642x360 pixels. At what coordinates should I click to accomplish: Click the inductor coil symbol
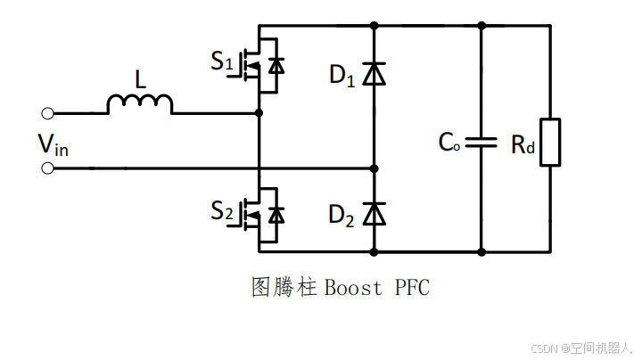point(140,104)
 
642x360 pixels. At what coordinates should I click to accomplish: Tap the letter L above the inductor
point(140,80)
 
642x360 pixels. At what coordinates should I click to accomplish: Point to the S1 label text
point(222,62)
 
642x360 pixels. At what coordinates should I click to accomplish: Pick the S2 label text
point(222,211)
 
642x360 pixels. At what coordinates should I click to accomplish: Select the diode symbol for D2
point(374,214)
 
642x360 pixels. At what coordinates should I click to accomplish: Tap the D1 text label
point(342,77)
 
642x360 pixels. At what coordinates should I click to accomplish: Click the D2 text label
point(342,214)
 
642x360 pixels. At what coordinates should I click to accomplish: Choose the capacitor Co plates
point(481,142)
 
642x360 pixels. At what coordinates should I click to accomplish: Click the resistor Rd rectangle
point(550,142)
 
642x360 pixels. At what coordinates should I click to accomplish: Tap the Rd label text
point(523,145)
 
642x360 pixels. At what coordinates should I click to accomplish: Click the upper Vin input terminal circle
point(47,113)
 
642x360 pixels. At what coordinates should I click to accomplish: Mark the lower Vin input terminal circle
point(47,168)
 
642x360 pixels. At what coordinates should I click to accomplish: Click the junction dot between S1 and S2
point(259,113)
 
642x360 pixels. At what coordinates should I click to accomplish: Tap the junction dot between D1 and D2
point(374,168)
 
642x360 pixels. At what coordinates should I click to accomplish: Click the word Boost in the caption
point(353,288)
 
